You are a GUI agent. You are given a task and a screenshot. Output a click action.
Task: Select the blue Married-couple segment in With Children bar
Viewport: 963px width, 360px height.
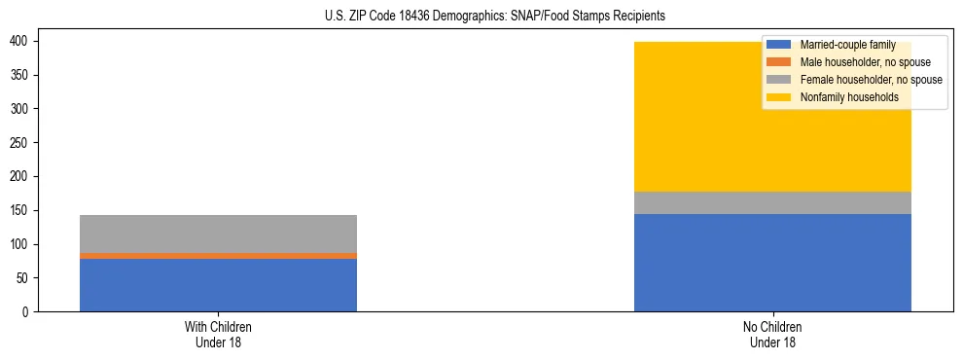218,285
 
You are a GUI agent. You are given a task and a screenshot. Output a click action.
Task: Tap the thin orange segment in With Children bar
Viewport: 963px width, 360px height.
218,256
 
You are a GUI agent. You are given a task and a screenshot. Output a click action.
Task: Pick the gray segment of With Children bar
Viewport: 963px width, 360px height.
218,234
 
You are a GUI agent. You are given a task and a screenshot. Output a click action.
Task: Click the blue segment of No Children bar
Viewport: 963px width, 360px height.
772,263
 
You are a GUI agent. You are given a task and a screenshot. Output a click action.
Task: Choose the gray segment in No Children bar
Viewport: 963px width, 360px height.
772,202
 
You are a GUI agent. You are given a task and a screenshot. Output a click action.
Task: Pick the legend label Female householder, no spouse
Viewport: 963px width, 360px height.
871,80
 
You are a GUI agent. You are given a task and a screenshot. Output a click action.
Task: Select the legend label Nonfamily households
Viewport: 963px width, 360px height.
849,97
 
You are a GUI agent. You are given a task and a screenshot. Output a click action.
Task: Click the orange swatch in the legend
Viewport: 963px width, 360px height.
779,62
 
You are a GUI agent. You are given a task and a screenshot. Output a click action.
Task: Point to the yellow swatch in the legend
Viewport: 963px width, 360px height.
779,97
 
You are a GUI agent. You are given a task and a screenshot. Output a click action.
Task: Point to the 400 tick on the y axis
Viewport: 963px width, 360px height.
20,41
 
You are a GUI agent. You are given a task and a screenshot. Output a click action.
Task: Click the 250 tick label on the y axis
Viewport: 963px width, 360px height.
20,142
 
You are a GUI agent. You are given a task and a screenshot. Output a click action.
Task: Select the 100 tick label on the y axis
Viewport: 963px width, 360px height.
20,244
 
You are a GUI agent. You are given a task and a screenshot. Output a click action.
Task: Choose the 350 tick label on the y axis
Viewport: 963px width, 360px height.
20,75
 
